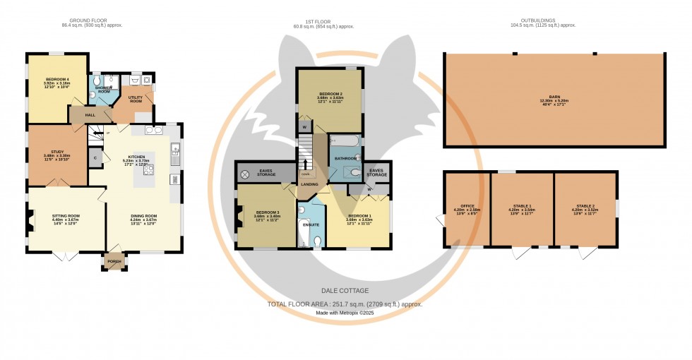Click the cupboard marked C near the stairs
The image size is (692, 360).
coord(95,158)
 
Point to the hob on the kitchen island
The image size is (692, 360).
coord(149,169)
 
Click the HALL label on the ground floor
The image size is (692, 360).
coord(90,114)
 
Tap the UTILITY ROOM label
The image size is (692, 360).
coord(136,99)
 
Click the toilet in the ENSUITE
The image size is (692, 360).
coord(317,241)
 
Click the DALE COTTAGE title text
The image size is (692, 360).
coord(345,290)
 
